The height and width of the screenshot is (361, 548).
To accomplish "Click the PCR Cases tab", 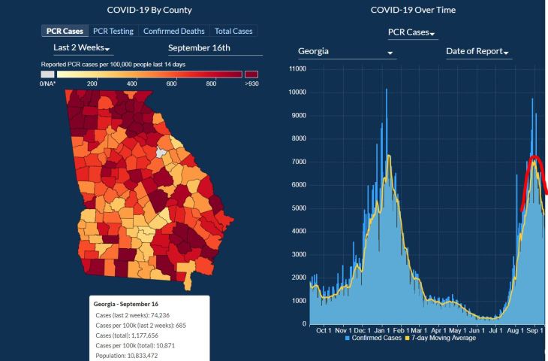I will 64,31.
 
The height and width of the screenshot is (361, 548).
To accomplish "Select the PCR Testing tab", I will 113,31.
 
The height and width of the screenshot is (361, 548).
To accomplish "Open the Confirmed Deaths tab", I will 173,31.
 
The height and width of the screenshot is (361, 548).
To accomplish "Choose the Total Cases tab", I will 233,31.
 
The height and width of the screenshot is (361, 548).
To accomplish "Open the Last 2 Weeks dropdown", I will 83,49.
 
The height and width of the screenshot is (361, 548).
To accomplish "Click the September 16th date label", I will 199,49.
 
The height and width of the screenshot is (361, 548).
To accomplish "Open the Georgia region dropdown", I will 345,52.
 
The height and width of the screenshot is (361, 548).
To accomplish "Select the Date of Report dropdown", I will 478,52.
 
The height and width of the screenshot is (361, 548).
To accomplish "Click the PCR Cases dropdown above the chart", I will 413,33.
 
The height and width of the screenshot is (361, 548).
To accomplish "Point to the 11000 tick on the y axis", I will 298,69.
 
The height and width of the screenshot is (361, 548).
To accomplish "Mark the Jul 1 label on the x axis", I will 495,330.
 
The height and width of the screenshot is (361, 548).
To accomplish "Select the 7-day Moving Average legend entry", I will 444,338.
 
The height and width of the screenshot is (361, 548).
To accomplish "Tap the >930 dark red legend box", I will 251,74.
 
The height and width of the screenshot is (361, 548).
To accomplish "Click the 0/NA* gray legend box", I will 47,74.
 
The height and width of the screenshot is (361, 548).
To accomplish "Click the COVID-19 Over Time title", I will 413,10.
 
